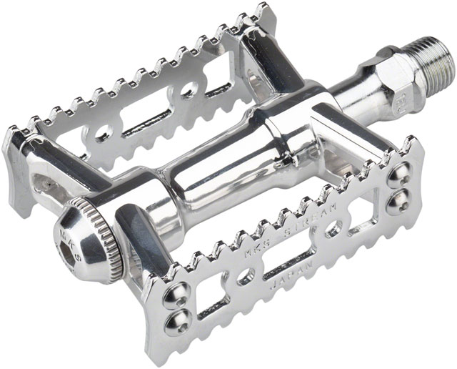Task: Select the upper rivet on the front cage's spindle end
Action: click(x=401, y=172)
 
